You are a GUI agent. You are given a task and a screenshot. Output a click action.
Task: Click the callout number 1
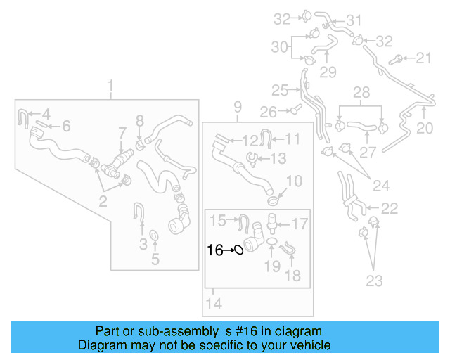(x=110, y=86)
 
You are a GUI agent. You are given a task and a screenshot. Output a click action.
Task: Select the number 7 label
(x=122, y=131)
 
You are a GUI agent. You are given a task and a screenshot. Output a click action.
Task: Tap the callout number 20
(x=425, y=128)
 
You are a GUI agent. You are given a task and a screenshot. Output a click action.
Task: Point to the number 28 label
(x=361, y=93)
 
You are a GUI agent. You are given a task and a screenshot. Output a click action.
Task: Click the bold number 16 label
(x=214, y=249)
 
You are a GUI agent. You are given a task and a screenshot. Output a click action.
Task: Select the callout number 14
(x=214, y=304)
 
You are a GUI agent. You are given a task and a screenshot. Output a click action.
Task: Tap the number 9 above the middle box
(x=238, y=107)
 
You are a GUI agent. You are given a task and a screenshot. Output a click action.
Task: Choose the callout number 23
(x=374, y=281)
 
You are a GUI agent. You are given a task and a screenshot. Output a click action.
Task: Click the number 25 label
(x=280, y=90)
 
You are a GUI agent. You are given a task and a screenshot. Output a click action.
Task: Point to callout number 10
(x=294, y=181)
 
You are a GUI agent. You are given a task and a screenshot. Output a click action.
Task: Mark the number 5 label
(x=155, y=259)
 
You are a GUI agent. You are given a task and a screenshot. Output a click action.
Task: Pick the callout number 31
(x=353, y=20)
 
